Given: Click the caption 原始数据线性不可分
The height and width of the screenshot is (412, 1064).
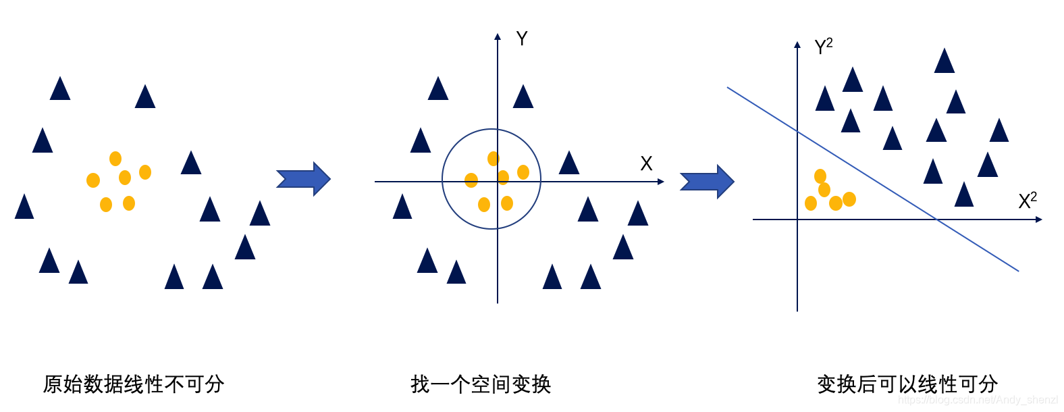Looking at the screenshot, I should (x=134, y=384).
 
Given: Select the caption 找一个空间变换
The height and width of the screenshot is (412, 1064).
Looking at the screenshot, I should (x=481, y=384).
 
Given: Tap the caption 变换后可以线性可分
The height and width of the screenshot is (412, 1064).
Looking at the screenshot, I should (x=907, y=384).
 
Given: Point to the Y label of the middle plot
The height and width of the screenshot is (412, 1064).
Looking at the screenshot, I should (x=521, y=38).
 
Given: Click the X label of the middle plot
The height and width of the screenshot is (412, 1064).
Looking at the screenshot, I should (x=646, y=163).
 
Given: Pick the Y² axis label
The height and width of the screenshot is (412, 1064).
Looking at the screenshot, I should (x=823, y=47).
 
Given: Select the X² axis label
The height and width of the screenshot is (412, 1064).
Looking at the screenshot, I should (x=1027, y=201).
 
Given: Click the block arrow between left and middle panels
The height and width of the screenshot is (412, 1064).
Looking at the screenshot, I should (x=303, y=179).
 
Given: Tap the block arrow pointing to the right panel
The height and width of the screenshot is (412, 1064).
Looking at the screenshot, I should (x=706, y=182).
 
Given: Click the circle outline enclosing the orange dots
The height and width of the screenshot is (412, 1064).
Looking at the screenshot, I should (x=443, y=179).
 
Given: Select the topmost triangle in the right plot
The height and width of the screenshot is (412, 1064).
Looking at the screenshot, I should (x=945, y=61).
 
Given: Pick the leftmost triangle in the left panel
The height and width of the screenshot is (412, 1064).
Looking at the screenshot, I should (x=24, y=207).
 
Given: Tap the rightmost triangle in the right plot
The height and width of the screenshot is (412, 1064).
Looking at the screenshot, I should (x=999, y=131).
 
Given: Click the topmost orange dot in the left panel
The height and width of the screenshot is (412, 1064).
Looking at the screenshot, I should (x=115, y=159).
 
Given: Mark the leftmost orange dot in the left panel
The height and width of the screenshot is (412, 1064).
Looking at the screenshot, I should (x=93, y=180).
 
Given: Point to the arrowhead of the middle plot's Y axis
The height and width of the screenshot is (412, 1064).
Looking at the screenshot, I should (x=498, y=36).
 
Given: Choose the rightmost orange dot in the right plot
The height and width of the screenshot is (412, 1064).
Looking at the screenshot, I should (x=849, y=199).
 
